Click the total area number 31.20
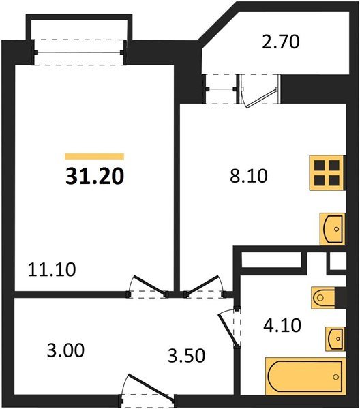pos(95,177)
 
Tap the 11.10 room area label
pos(52,269)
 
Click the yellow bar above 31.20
pos(95,156)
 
